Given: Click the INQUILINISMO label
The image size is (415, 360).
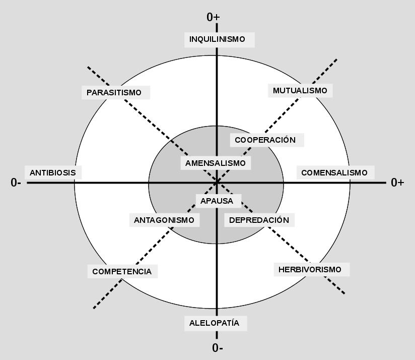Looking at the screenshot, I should (x=217, y=39).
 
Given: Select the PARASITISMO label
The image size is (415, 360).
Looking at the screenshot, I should (x=114, y=93).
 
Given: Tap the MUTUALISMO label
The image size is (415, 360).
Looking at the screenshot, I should (x=300, y=91).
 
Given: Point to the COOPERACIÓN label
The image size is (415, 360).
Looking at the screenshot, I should (x=265, y=140).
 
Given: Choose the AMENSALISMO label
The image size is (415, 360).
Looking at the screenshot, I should (x=215, y=163).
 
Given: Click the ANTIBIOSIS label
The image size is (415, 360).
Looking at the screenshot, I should (x=52, y=172).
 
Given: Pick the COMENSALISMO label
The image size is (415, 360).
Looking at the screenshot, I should (x=334, y=173).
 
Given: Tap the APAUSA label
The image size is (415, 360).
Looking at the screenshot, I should (x=217, y=201).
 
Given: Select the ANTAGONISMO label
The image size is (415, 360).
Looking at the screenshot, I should (x=164, y=220).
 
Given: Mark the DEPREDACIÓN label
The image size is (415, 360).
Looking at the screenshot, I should (x=259, y=220).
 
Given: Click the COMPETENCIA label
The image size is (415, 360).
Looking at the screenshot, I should (x=122, y=271).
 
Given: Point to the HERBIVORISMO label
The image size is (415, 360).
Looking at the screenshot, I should (x=310, y=269).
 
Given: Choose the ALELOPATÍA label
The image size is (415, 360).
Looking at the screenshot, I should (x=214, y=323).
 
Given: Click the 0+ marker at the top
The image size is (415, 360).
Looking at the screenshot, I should (x=213, y=17).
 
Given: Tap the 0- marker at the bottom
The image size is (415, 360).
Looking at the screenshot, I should (x=218, y=348).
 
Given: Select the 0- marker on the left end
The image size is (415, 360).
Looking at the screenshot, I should (x=16, y=183).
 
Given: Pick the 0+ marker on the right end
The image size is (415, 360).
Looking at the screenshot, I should (x=397, y=183).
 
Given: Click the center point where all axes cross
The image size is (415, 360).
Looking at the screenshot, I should (x=217, y=182).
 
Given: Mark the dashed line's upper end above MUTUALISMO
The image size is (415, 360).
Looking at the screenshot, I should (x=336, y=59).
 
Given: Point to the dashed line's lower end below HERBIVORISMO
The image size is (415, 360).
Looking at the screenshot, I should (x=345, y=293).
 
